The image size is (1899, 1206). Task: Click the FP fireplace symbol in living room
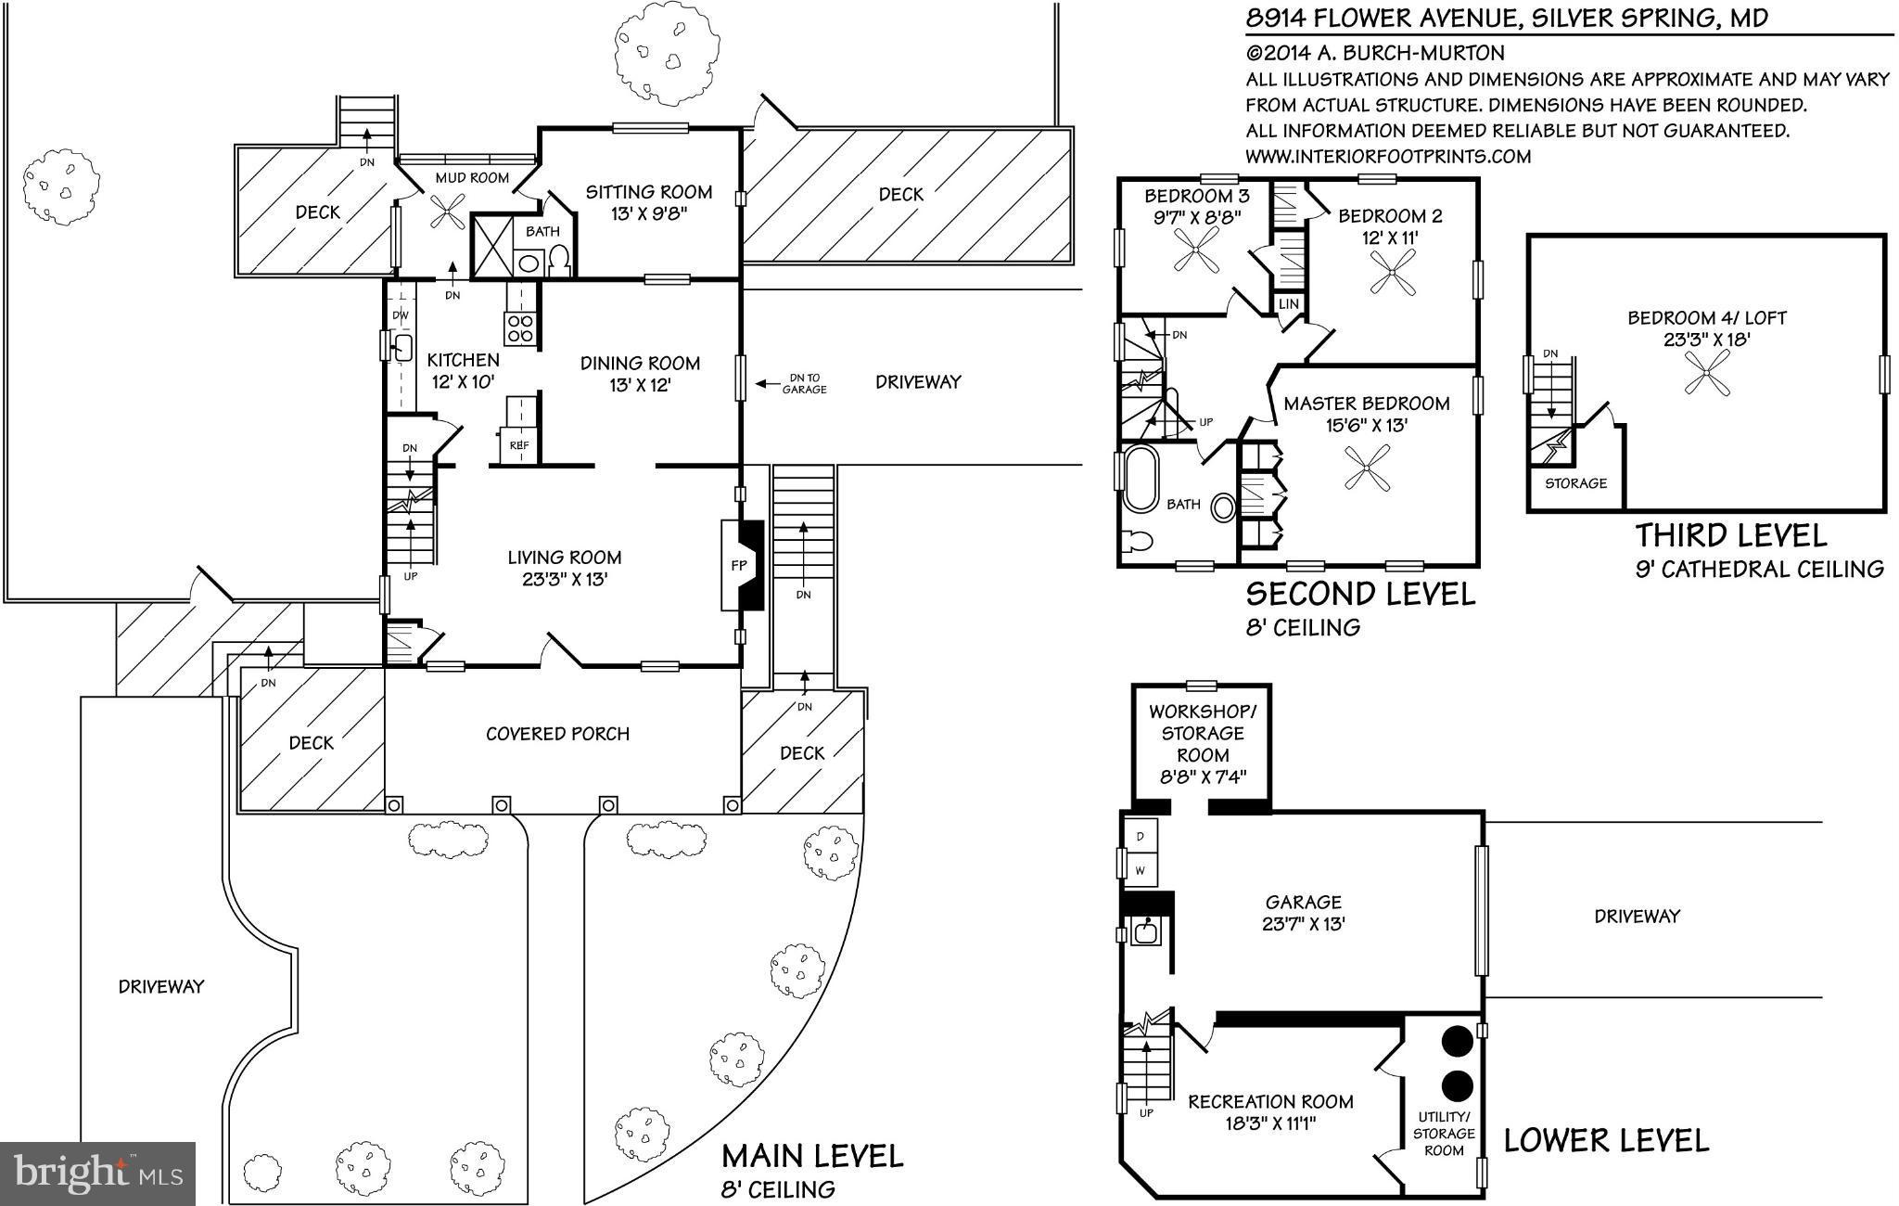tap(742, 565)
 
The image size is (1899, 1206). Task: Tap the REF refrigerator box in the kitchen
tap(518, 444)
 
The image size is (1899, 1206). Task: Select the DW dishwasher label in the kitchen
tap(401, 315)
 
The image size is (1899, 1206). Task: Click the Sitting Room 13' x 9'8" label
tap(648, 202)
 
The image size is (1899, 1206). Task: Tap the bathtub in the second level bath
tap(1136, 479)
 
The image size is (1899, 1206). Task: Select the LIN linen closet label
tap(1288, 304)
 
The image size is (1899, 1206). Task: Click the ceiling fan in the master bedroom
tap(1368, 468)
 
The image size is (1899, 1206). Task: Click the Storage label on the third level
tap(1575, 483)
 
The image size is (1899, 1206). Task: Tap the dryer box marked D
tap(1141, 836)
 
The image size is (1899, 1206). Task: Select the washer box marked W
tap(1141, 870)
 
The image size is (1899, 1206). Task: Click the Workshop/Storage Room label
tap(1202, 744)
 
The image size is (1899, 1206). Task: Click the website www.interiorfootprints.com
tap(1387, 157)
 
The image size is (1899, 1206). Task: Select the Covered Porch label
tap(557, 734)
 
